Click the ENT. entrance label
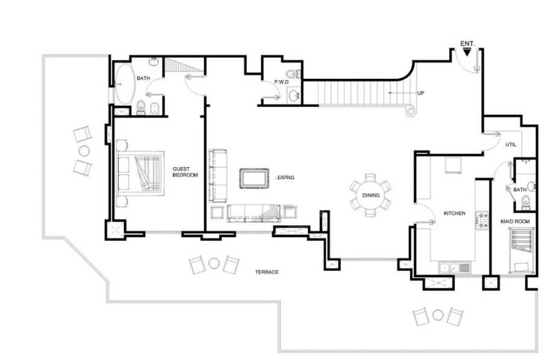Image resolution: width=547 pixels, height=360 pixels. coord(467,44)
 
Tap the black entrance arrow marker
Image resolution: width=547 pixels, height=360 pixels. coord(467,52)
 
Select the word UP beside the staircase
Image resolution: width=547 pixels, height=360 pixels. coord(420,93)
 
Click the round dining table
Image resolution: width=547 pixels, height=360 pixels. coord(370,195)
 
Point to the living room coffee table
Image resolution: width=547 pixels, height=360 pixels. coord(254,178)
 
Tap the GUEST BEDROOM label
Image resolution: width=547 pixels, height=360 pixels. coord(185,172)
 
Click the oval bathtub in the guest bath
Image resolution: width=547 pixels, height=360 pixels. coord(125,84)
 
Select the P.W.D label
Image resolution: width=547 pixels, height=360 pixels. coord(281,82)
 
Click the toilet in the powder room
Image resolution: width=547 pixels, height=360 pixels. coord(293,74)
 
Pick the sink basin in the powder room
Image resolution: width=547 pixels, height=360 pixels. coord(294,95)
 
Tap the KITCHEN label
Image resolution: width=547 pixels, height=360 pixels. coord(454,213)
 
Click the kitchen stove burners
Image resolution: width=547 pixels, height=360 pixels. coord(483,221)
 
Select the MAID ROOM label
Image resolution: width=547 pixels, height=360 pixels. coord(515,222)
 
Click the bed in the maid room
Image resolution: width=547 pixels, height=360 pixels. coord(522,250)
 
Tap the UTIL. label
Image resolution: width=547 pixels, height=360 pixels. coord(511,144)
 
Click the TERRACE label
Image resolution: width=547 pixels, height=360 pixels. coord(267,272)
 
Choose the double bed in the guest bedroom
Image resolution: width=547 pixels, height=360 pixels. coord(140,173)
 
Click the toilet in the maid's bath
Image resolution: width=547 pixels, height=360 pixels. coord(525,202)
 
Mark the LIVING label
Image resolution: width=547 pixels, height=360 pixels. coord(286,178)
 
